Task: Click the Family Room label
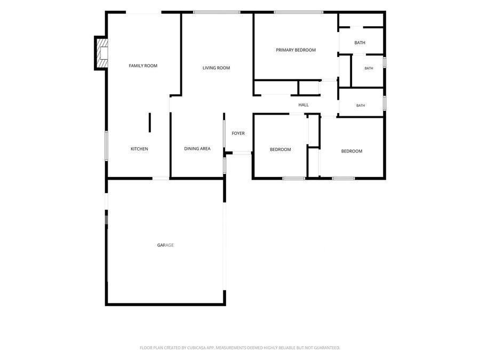tap(143, 66)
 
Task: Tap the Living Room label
tap(216, 68)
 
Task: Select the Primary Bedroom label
tap(295, 50)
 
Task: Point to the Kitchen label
tap(139, 149)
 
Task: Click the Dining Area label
tap(197, 148)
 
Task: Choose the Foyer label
tap(238, 133)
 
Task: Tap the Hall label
tap(303, 105)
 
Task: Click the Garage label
tap(165, 245)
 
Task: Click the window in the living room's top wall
tap(217, 12)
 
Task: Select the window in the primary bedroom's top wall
tap(299, 12)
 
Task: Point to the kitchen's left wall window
tap(106, 146)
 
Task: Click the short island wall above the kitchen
tap(150, 123)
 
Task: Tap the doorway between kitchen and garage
tap(161, 178)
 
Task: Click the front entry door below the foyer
tap(242, 153)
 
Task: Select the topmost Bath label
tap(359, 43)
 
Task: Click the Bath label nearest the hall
tap(361, 105)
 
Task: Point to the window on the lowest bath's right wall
tap(385, 103)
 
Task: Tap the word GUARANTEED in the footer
tap(328, 348)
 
